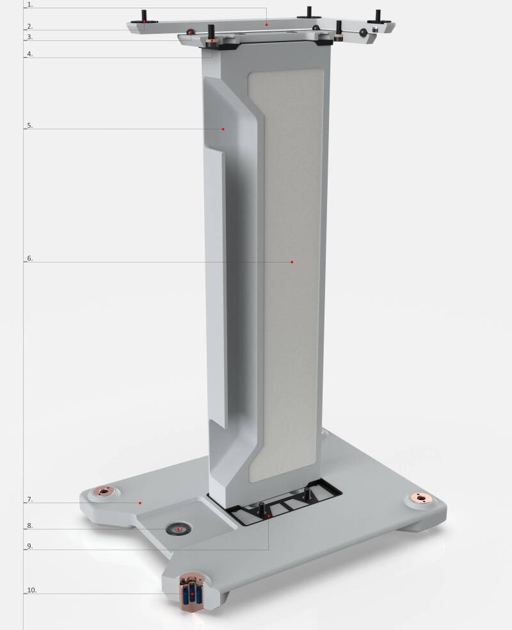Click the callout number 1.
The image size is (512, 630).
click(29, 4)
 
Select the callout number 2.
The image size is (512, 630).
click(29, 27)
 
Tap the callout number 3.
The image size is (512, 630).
click(29, 38)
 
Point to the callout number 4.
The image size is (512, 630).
click(29, 54)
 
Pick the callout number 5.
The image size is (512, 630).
click(29, 126)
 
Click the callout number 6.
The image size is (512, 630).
click(29, 259)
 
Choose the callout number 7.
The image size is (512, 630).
click(29, 499)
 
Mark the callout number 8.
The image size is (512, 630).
click(29, 526)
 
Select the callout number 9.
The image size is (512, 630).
click(29, 547)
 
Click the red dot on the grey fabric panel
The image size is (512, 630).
click(292, 262)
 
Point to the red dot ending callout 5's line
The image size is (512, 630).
click(223, 129)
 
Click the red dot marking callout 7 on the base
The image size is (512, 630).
click(140, 503)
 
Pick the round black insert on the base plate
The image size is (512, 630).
click(179, 529)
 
